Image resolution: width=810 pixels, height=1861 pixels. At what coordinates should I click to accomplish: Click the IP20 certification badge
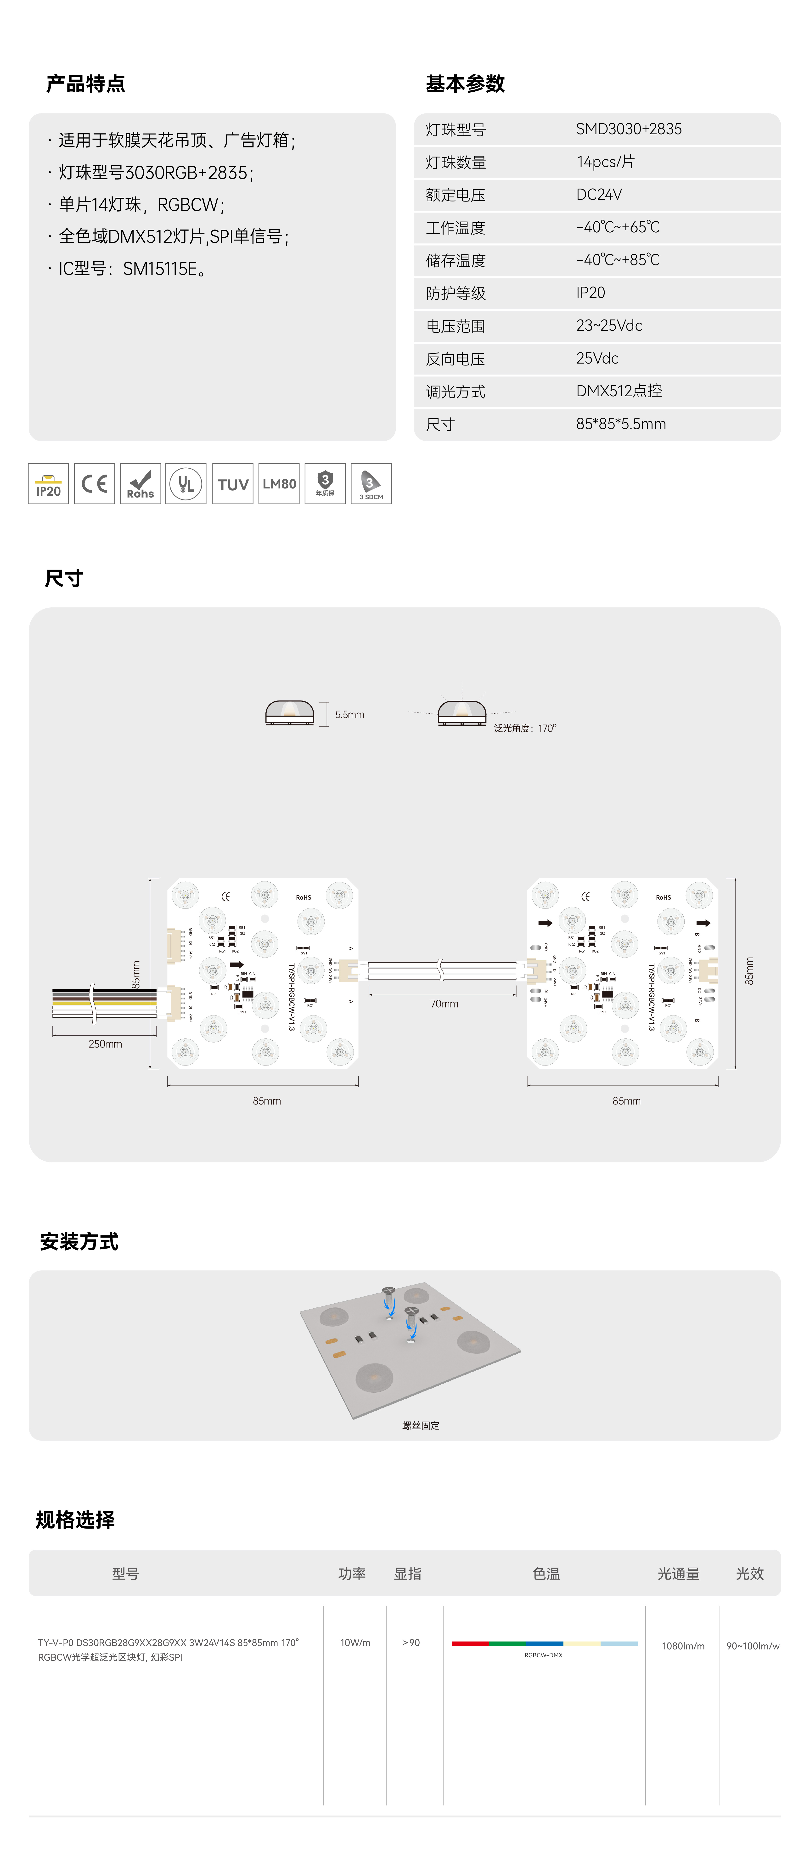[48, 483]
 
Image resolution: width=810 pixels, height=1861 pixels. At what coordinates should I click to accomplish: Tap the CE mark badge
[94, 483]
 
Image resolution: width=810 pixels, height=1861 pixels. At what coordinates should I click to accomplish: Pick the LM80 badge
[279, 483]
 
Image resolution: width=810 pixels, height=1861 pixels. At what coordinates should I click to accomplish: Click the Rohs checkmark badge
[140, 483]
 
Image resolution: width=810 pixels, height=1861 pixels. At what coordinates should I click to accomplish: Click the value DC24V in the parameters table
[599, 194]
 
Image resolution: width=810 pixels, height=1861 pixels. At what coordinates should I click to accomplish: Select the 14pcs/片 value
[605, 162]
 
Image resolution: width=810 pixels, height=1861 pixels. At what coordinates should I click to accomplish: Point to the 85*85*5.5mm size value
[621, 424]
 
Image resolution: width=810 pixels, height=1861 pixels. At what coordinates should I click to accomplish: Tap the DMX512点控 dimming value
[619, 391]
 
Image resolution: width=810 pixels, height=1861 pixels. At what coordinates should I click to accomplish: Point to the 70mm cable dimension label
[444, 1003]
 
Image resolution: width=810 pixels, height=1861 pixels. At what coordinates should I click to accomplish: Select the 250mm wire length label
[105, 1044]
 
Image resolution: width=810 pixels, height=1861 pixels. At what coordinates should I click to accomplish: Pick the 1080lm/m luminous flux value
[683, 1646]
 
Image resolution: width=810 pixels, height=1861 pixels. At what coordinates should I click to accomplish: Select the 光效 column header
[749, 1574]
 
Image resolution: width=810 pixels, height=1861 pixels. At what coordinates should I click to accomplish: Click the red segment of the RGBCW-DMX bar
[470, 1643]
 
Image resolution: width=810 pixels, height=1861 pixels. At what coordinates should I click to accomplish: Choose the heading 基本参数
[465, 84]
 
